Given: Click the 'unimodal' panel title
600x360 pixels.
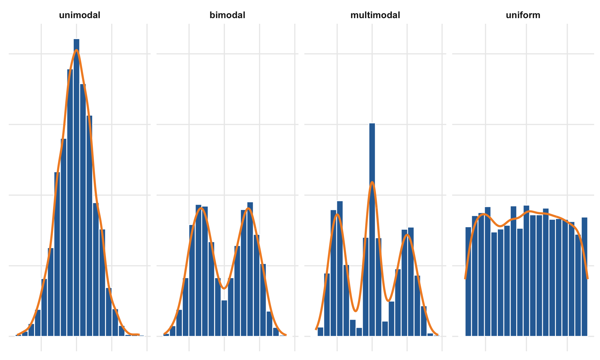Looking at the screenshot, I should pos(80,15).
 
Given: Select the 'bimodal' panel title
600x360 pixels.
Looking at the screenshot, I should pos(227,15).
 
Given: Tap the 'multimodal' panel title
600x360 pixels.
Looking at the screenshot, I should pos(375,15).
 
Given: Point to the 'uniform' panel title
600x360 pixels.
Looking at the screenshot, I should pos(523,15).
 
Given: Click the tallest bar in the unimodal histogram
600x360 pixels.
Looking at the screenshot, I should pos(77,187).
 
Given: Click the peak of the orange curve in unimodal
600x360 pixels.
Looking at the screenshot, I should pos(77,50).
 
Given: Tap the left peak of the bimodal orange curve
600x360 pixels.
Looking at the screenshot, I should pos(202,208).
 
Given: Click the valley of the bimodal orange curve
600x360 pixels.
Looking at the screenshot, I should pos(224,288).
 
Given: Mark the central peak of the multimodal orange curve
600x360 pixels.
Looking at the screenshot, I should pos(372,182).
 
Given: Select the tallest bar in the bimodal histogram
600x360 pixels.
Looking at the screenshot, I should pos(250,269).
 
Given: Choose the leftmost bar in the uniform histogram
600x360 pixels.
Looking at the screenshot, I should pos(468,281).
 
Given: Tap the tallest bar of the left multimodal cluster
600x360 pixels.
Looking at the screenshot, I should pos(340,269).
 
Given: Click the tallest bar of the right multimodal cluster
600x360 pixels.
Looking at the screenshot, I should pos(411,281).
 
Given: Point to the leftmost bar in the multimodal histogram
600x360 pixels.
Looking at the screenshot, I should pos(320,332).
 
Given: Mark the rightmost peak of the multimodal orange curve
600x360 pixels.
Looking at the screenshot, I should pos(407,235).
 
